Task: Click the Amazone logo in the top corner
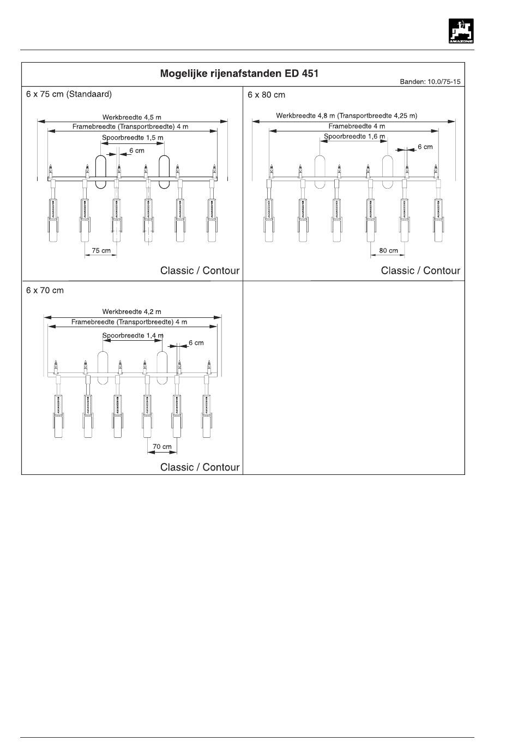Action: pyautogui.click(x=461, y=31)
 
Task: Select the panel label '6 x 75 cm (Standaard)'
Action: pyautogui.click(x=69, y=94)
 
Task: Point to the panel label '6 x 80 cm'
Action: pyautogui.click(x=266, y=94)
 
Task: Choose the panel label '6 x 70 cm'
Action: pyautogui.click(x=45, y=291)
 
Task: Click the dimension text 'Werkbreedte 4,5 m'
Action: pyautogui.click(x=132, y=117)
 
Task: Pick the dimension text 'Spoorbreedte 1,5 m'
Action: pyautogui.click(x=132, y=138)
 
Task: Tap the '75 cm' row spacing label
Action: pyautogui.click(x=101, y=251)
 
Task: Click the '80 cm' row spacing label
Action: pyautogui.click(x=388, y=251)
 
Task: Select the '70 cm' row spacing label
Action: pyautogui.click(x=162, y=447)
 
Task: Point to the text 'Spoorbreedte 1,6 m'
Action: pyautogui.click(x=354, y=136)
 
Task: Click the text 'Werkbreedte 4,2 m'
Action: pyautogui.click(x=132, y=312)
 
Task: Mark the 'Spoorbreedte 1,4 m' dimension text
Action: pyautogui.click(x=133, y=335)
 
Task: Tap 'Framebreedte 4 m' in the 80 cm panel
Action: pyautogui.click(x=357, y=126)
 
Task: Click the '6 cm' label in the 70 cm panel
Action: pyautogui.click(x=196, y=343)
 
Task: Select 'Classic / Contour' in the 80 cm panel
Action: pyautogui.click(x=420, y=270)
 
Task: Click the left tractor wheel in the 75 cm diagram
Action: pyautogui.click(x=101, y=172)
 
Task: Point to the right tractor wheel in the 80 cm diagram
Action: pyautogui.click(x=387, y=171)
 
